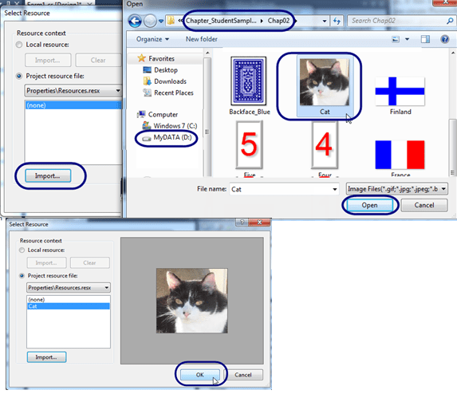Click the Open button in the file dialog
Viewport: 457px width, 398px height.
[370, 205]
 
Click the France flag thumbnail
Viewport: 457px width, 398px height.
[400, 160]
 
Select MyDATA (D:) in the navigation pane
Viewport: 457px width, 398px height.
[171, 137]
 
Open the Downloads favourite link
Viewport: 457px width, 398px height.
[171, 81]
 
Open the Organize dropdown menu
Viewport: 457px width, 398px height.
[152, 38]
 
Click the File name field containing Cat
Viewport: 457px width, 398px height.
[283, 189]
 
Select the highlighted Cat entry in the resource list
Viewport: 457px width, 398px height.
[68, 305]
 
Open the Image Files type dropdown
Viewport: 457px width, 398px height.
[397, 189]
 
